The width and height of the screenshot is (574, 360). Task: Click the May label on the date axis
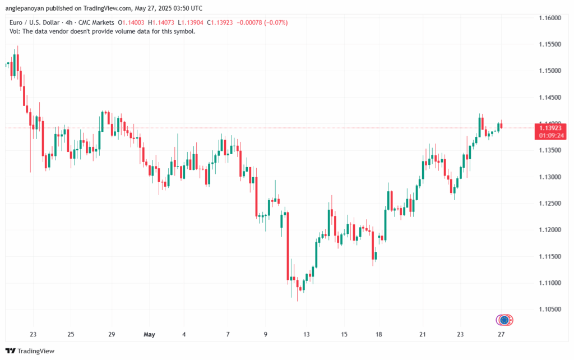tap(149, 334)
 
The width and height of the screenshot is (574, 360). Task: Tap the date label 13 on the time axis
tap(307, 334)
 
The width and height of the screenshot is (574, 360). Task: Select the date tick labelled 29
tap(112, 334)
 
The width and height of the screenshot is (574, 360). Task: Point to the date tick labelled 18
tap(379, 334)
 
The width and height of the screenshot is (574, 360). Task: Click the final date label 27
tap(501, 334)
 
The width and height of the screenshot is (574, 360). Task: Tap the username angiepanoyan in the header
tap(30, 8)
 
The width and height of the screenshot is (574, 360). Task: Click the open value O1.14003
tap(130, 22)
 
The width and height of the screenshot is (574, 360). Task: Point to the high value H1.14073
tap(163, 22)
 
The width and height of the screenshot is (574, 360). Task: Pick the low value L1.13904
tap(192, 22)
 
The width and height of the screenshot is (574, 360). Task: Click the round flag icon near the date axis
tap(504, 320)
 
